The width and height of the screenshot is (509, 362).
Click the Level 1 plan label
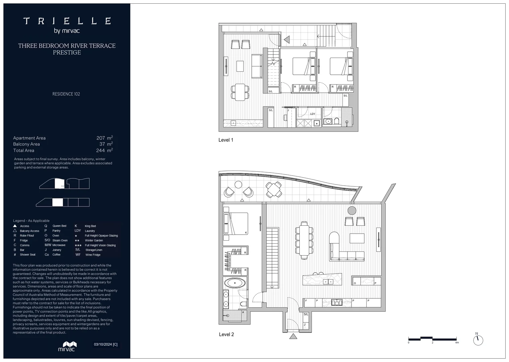[226, 140]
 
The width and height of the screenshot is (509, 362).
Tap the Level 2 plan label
[226, 335]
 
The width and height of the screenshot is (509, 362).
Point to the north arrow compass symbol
[478, 340]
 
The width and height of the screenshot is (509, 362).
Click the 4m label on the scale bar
[457, 343]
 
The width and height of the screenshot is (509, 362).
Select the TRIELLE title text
[67, 21]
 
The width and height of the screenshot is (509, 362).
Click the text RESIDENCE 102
[66, 94]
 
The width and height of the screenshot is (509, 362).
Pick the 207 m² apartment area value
[104, 138]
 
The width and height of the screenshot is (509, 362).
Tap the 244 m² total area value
[104, 150]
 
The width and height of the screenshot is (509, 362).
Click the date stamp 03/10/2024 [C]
[106, 344]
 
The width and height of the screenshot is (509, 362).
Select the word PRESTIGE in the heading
[67, 53]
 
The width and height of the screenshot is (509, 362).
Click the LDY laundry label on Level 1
[312, 114]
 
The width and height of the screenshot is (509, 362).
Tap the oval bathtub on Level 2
[235, 283]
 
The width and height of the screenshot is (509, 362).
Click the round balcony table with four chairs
[274, 190]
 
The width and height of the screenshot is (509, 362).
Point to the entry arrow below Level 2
[293, 336]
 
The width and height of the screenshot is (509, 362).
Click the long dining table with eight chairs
[304, 240]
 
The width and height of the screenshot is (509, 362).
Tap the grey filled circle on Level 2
[352, 210]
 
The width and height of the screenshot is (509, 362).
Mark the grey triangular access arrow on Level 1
[287, 40]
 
